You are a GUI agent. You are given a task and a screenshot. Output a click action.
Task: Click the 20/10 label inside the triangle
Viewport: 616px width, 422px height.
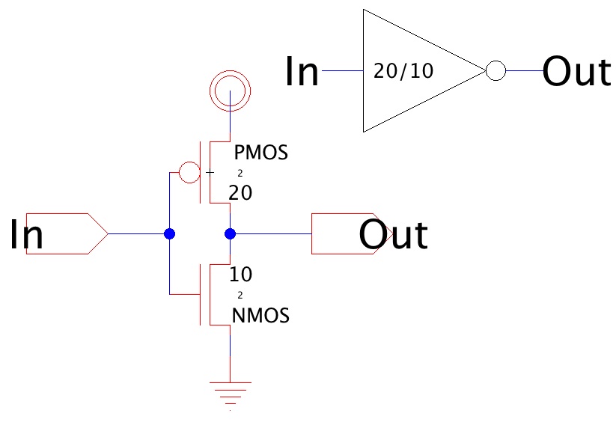(x=403, y=72)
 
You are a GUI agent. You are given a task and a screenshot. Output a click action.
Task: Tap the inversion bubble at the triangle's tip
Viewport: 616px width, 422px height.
(x=495, y=71)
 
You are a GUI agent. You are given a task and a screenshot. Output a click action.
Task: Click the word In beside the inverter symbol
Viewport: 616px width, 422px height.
(x=302, y=72)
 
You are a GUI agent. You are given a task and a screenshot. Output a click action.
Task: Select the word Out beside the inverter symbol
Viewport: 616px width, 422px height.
(x=576, y=72)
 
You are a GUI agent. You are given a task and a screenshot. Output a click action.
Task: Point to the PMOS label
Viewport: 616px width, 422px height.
(x=261, y=153)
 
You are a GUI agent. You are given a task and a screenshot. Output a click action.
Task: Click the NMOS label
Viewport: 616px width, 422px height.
(x=261, y=316)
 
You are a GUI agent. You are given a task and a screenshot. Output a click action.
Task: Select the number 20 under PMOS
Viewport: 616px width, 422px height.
(x=240, y=193)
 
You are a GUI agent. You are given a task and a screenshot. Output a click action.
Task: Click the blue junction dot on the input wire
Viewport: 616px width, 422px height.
(x=169, y=233)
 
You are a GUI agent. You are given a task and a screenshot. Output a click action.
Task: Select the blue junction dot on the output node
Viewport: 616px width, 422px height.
(x=230, y=233)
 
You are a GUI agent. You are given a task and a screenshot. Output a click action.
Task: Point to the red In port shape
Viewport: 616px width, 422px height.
(x=67, y=233)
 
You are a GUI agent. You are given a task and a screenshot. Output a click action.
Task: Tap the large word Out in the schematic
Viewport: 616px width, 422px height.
(x=393, y=234)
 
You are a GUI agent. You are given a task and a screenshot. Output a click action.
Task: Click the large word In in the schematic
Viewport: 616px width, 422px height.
(x=26, y=234)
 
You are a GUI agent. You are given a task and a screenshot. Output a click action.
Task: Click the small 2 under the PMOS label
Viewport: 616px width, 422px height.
(x=240, y=173)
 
